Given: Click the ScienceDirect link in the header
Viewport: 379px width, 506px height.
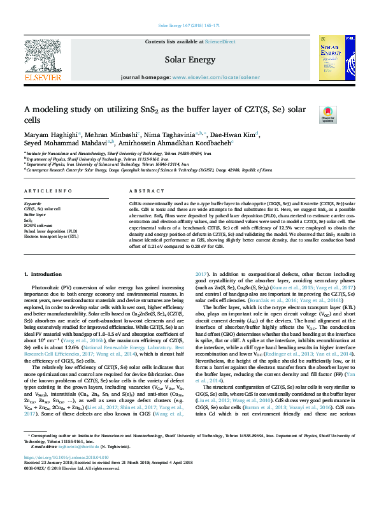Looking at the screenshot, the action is pyautogui.click(x=220, y=41).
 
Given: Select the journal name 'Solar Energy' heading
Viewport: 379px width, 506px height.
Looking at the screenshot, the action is pyautogui.click(x=189, y=59).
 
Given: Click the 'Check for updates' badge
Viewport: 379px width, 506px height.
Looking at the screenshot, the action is pyautogui.click(x=327, y=115).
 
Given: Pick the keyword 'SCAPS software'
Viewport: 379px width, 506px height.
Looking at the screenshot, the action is pyautogui.click(x=39, y=225).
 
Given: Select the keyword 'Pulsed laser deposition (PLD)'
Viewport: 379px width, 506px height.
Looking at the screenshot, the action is pyautogui.click(x=51, y=230).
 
